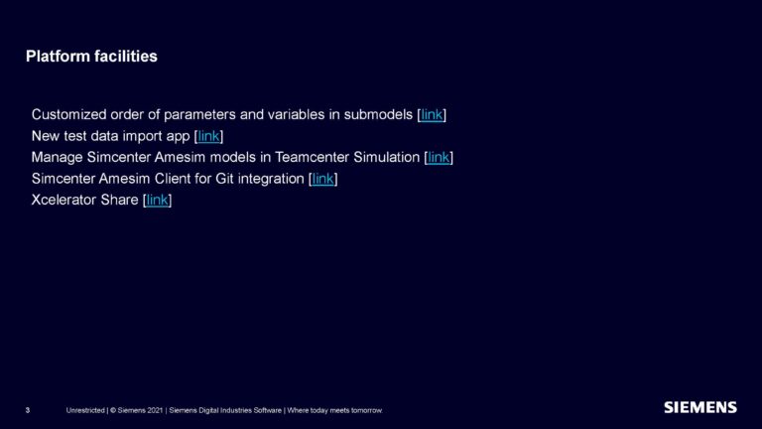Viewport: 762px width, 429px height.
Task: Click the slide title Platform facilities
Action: click(91, 57)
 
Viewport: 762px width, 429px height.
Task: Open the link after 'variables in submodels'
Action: click(432, 114)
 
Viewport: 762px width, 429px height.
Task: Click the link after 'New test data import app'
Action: click(208, 136)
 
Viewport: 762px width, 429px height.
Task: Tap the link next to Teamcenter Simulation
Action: click(439, 157)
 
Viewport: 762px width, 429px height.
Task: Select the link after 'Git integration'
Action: click(323, 179)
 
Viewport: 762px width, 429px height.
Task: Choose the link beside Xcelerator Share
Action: click(158, 201)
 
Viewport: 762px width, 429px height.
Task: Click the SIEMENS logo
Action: click(699, 407)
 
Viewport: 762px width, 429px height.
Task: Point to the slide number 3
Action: click(28, 410)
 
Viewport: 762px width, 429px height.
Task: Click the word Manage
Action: click(58, 157)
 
